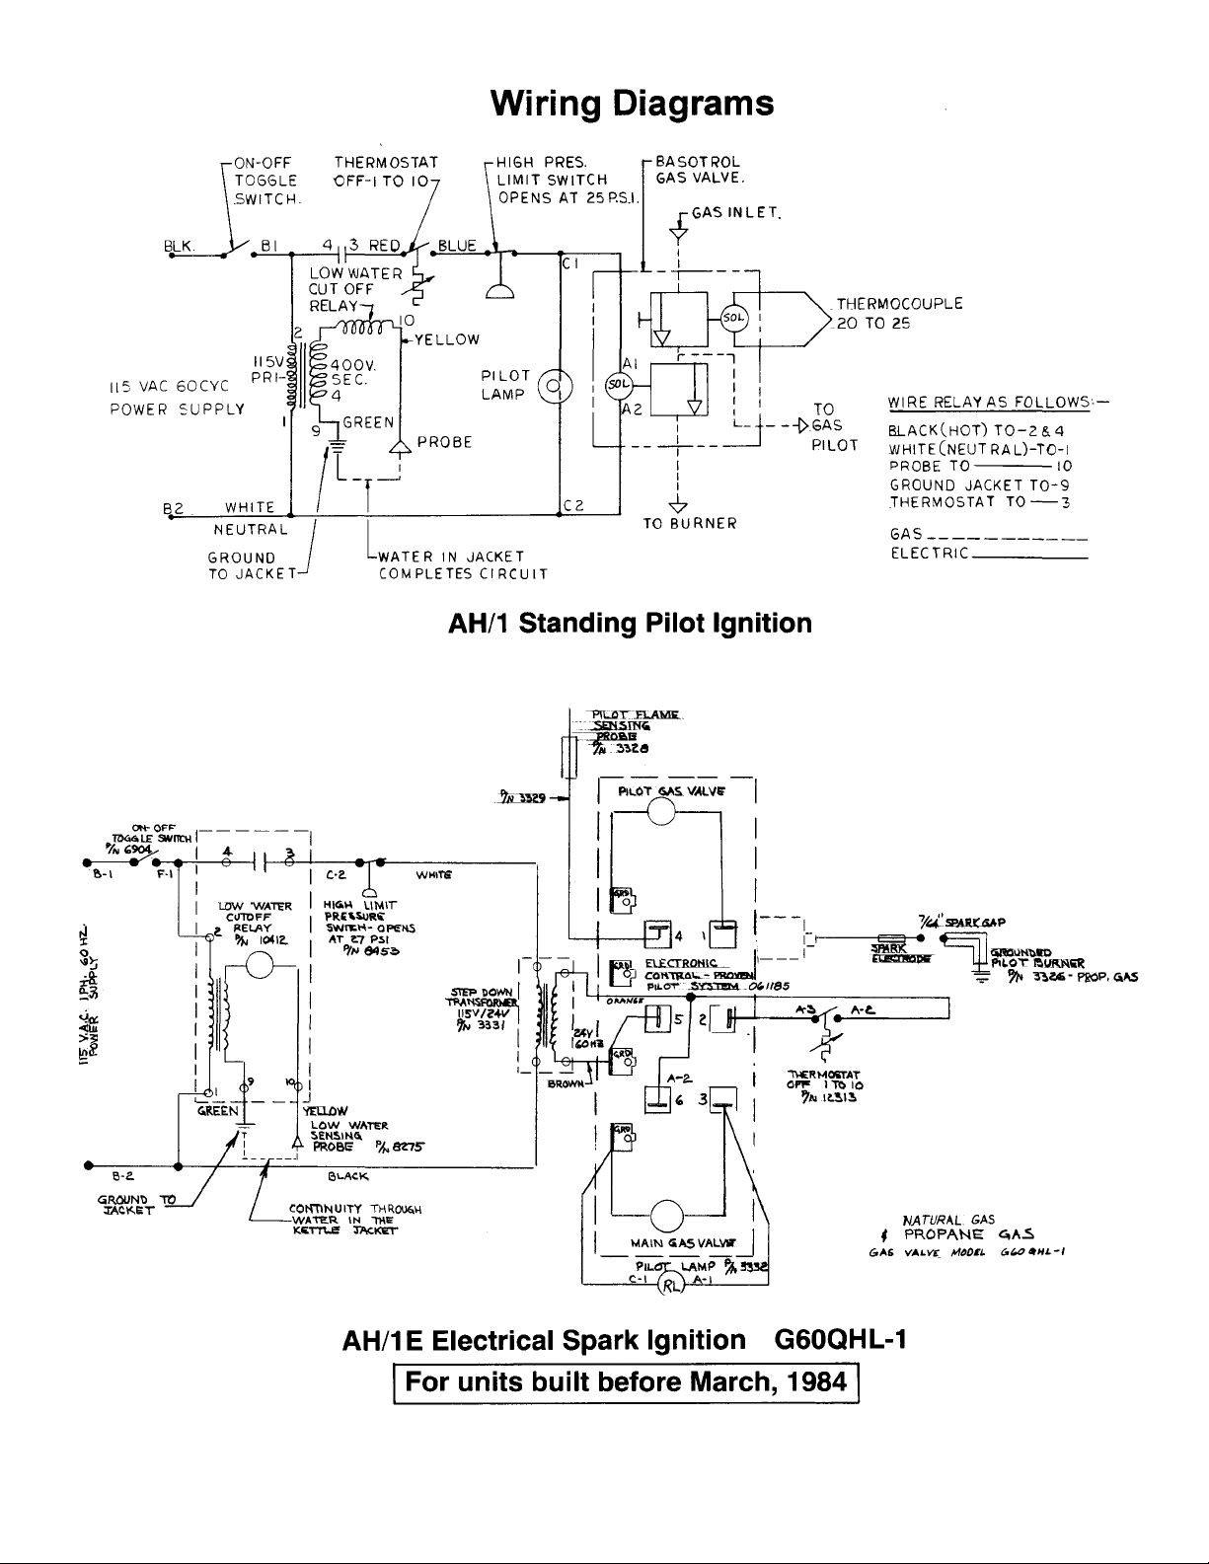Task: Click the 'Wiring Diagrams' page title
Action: point(632,103)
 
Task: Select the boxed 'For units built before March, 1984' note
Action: point(625,1380)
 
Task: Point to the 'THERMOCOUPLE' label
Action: point(899,304)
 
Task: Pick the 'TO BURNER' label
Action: point(690,523)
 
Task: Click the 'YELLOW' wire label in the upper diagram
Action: point(447,339)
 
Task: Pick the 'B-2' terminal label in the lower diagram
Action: point(122,1175)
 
